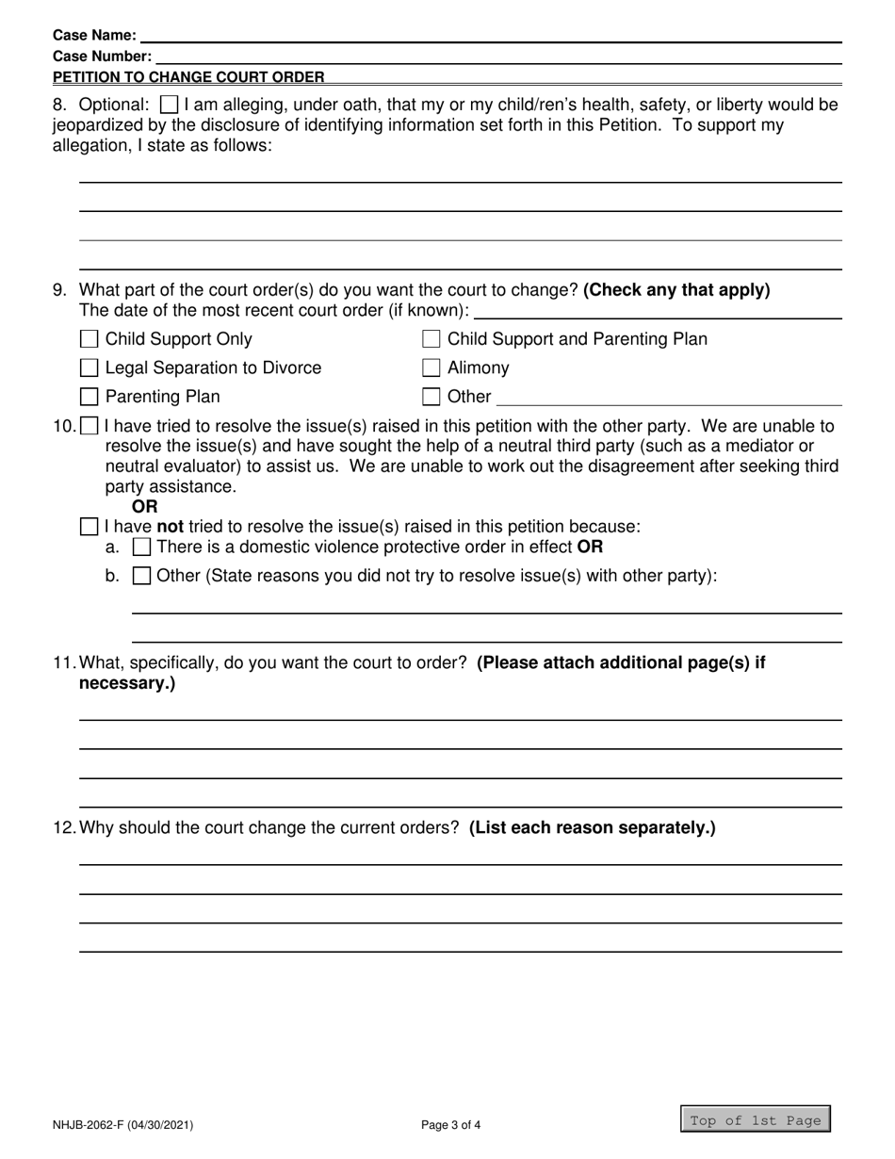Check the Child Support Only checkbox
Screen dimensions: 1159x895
pyautogui.click(x=89, y=339)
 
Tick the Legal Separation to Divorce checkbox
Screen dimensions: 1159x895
pyautogui.click(x=89, y=368)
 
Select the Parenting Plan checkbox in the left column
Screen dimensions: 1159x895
pyautogui.click(x=89, y=397)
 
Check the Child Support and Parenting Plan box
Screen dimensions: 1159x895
pyautogui.click(x=431, y=339)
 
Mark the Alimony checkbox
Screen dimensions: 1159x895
pyautogui.click(x=431, y=368)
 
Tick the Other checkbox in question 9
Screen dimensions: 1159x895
pyautogui.click(x=431, y=397)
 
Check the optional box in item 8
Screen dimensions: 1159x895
pyautogui.click(x=170, y=105)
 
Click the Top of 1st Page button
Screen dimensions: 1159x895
pyautogui.click(x=756, y=1119)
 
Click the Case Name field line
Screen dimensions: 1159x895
pyautogui.click(x=490, y=36)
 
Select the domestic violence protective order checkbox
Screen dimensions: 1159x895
pyautogui.click(x=141, y=547)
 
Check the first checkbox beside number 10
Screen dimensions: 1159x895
pyautogui.click(x=89, y=426)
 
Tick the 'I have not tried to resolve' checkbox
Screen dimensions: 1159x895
pyautogui.click(x=89, y=526)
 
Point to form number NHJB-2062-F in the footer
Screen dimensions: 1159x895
pyautogui.click(x=123, y=1124)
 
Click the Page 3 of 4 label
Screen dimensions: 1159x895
pyautogui.click(x=451, y=1124)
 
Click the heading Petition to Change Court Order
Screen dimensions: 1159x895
pyautogui.click(x=188, y=77)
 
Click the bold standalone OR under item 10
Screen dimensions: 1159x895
pyautogui.click(x=145, y=507)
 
